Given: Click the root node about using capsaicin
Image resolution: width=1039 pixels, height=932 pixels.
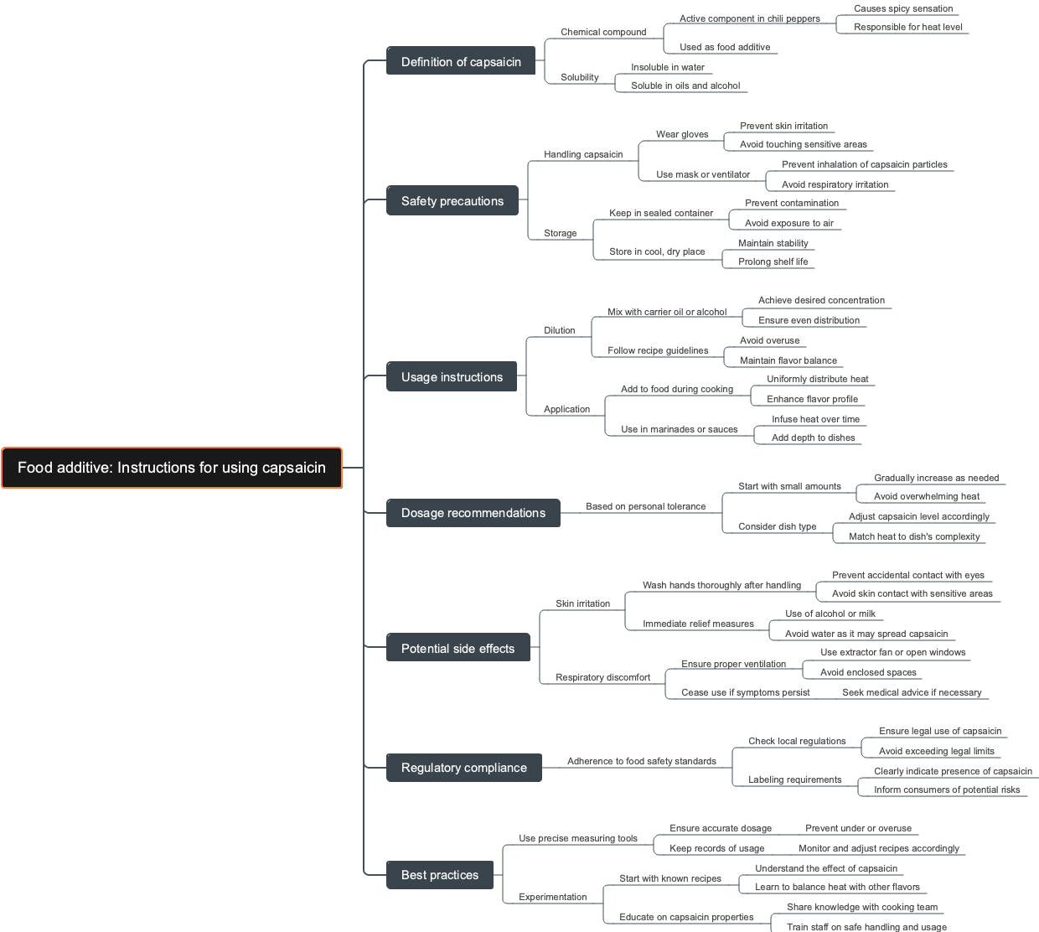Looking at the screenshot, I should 172,468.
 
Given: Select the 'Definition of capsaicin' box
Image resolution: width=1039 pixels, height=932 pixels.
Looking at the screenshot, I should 461,61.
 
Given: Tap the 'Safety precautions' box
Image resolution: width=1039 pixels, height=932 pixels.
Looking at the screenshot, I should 452,201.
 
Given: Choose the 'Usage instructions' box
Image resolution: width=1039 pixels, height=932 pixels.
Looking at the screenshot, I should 452,377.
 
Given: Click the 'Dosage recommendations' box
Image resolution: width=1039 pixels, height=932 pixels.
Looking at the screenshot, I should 473,513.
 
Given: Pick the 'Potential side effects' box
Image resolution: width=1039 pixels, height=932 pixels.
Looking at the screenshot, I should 457,649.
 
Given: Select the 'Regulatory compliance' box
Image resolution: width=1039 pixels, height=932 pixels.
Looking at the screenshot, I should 463,768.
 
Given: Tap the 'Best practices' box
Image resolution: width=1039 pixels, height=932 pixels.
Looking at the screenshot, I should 440,875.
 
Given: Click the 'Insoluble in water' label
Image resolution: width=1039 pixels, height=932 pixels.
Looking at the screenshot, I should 668,67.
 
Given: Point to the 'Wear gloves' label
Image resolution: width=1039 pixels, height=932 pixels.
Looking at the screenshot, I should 682,134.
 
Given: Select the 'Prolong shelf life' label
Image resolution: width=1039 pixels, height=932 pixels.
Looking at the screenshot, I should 773,261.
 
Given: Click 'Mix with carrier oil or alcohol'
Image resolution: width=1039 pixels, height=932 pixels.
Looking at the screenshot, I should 667,312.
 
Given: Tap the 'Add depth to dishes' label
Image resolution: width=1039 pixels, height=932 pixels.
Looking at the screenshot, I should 814,438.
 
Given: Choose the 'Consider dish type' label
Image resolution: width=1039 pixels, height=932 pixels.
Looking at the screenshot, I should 778,526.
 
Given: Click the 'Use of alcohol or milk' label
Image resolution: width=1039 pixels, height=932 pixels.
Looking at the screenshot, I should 830,614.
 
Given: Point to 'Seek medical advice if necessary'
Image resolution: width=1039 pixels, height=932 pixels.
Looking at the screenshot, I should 912,692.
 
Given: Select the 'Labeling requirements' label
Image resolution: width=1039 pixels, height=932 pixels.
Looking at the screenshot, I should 795,779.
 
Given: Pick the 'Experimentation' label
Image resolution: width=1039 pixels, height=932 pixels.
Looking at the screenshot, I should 553,897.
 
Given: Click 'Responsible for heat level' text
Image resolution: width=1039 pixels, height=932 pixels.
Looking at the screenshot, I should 908,27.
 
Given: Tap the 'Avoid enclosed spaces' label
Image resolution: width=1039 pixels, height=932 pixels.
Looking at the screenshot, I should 869,672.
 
